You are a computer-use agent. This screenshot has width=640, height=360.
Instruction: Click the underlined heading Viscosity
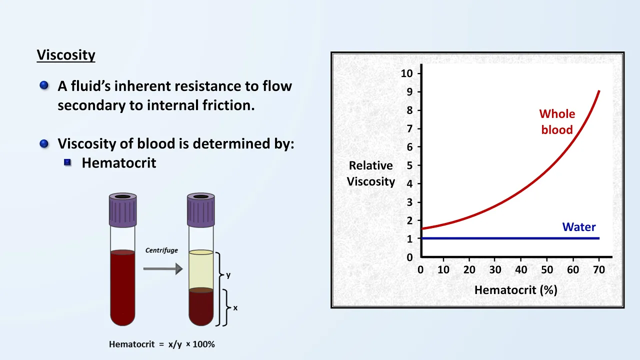[66, 54]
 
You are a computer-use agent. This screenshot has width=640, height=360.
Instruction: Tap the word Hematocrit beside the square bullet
[119, 163]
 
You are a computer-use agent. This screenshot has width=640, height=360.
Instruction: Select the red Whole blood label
[557, 122]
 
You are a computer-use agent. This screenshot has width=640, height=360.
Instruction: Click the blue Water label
[579, 227]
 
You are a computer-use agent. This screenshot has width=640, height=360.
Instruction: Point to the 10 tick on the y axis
[407, 73]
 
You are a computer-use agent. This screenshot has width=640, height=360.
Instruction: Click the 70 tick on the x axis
[598, 270]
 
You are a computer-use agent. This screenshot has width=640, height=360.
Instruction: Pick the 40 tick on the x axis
[521, 270]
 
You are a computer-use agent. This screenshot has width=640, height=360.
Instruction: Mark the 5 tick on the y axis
[410, 165]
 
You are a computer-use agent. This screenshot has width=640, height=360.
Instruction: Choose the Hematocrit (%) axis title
[515, 290]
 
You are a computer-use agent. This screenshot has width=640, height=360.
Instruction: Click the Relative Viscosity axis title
[371, 173]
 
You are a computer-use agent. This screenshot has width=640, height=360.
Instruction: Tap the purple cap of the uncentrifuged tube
[122, 209]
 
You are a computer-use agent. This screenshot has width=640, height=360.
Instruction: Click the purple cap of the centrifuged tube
[201, 209]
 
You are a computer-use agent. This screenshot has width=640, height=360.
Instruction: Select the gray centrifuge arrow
[163, 269]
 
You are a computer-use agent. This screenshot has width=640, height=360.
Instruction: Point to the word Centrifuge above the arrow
[161, 250]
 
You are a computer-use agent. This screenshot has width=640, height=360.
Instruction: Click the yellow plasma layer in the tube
[201, 270]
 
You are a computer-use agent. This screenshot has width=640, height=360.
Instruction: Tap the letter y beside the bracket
[228, 275]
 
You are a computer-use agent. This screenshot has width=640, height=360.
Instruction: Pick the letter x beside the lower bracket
[235, 307]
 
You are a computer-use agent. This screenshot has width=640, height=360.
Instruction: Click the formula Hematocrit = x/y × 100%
[162, 344]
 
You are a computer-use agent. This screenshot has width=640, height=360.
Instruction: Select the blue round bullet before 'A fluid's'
[44, 85]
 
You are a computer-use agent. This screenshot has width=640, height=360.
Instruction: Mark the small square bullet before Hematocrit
[68, 162]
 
